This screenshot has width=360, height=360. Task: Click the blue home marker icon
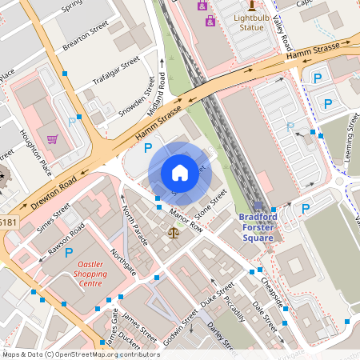tap(179, 172)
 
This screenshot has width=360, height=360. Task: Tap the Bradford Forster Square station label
tap(258, 227)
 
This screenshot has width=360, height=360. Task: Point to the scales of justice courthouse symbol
tap(174, 232)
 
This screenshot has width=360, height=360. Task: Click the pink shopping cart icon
tap(53, 138)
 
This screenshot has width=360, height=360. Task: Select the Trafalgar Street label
tap(116, 70)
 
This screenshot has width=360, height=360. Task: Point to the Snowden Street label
tap(136, 98)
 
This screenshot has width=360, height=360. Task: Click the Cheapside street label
tap(273, 290)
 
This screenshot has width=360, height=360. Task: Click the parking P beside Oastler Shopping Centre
tap(69, 252)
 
